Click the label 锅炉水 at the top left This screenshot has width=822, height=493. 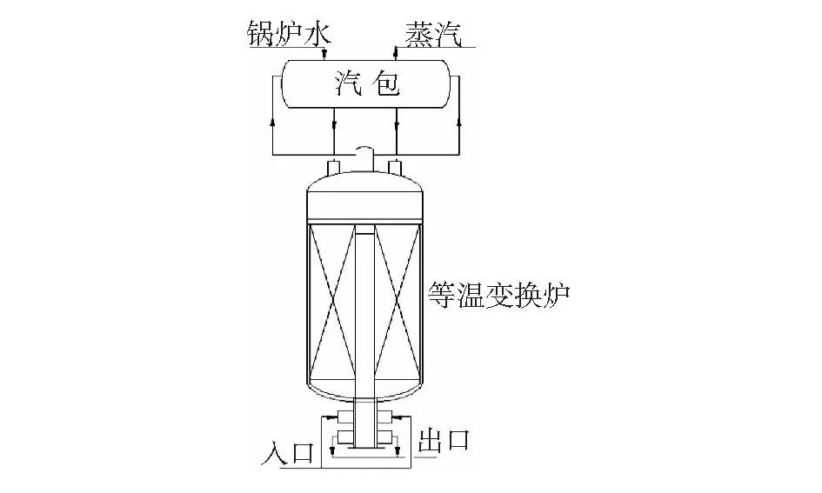289,35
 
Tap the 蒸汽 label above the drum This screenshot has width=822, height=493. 433,35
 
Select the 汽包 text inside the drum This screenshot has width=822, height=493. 367,83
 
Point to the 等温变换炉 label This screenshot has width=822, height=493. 498,295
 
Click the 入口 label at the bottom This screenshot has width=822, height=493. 288,453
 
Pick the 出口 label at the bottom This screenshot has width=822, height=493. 444,440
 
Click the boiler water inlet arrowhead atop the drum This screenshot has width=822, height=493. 324,54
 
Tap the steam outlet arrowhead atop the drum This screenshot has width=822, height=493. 397,51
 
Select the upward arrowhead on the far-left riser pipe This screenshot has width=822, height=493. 272,123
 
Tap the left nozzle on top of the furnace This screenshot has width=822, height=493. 334,167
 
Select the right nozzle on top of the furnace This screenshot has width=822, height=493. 396,167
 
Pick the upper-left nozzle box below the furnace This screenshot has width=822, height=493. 345,417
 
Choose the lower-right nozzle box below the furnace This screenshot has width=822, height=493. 384,436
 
